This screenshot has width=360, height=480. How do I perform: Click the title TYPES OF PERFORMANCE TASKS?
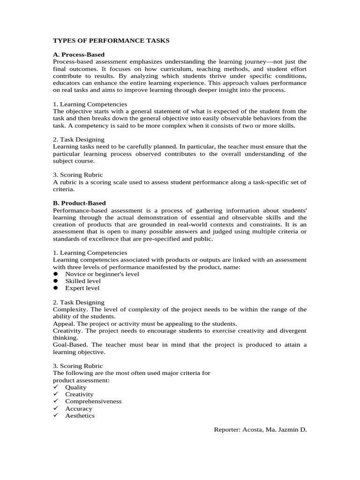click(x=111, y=41)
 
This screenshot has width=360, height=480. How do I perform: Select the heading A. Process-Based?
click(x=79, y=55)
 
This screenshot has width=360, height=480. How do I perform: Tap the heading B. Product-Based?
click(x=79, y=203)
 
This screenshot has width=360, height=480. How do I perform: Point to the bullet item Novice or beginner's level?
click(x=102, y=274)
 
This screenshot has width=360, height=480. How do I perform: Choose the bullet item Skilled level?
click(x=83, y=281)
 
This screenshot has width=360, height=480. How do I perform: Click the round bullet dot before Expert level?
click(x=55, y=288)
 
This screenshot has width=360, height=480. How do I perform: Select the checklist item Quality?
click(x=76, y=387)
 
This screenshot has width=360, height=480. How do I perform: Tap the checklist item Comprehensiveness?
click(x=93, y=401)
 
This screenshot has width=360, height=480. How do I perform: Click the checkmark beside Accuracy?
click(x=55, y=408)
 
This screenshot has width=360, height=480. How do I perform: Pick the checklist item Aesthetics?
click(x=80, y=415)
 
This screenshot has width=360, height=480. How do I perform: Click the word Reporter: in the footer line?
click(x=228, y=429)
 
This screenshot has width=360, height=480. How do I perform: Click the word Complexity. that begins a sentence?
click(x=69, y=309)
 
